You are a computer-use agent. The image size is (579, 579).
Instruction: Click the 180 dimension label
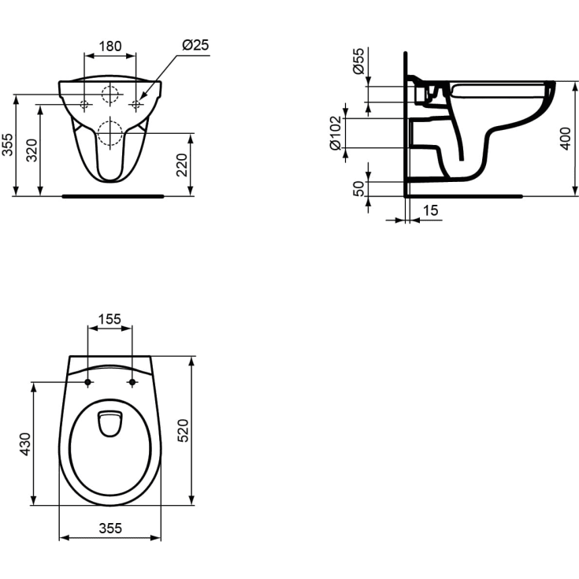[109, 46]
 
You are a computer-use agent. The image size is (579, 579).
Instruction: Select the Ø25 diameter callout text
[195, 46]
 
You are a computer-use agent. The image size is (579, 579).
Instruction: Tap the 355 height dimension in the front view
[8, 145]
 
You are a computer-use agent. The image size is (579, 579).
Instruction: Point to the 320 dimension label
[31, 150]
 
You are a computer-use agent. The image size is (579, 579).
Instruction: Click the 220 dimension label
[182, 165]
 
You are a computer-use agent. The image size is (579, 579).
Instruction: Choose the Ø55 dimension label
[359, 61]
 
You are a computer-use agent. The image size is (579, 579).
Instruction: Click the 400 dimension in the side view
[564, 139]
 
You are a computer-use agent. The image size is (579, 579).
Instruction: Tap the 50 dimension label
[359, 188]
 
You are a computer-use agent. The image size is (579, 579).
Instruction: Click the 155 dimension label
[109, 319]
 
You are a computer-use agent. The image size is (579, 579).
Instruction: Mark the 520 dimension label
[184, 431]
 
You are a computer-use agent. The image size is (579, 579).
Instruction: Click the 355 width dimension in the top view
[110, 529]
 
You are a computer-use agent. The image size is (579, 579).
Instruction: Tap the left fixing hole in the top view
[87, 383]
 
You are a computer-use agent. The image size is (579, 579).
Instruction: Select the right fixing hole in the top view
[132, 383]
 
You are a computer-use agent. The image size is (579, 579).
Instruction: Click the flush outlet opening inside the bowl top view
[109, 423]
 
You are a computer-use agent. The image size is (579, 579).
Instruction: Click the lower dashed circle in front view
[110, 133]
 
